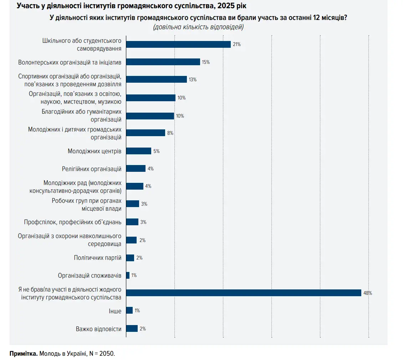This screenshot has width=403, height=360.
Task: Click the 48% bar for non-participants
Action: pos(244,293)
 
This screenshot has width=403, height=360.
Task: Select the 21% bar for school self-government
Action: pos(178,44)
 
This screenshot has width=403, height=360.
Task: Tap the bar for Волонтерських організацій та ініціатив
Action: pos(163,62)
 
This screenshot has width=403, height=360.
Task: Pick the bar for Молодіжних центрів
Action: pos(139,151)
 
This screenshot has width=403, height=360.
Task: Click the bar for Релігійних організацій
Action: pos(136,169)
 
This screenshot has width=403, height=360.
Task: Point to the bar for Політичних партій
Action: pos(130,258)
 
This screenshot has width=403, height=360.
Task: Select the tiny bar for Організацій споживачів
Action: pos(128,276)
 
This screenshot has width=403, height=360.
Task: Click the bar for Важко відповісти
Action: pos(132,329)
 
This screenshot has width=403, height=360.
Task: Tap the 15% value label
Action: pos(206,62)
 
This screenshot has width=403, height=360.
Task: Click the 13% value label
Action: pos(193,80)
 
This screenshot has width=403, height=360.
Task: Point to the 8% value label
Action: pos(170,133)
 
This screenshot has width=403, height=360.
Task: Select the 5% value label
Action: pos(156,151)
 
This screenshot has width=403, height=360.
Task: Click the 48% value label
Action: pos(368,293)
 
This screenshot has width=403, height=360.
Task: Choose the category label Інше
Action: pos(115,311)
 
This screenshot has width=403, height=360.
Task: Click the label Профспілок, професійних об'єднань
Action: pos(73,222)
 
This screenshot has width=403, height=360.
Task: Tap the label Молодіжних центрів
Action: pos(95,151)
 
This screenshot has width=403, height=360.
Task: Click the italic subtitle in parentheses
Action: pos(198,27)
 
